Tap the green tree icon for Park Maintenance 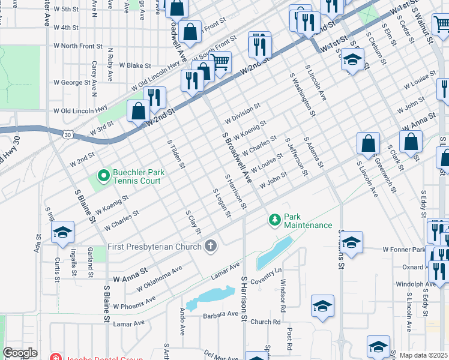coord(275,220)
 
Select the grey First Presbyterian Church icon coord(210,246)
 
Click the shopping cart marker coord(220,61)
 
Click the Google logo coord(20,353)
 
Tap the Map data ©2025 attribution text coord(423,355)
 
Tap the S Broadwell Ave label coord(237,159)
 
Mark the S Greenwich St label coord(385,174)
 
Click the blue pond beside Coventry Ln coord(273,253)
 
